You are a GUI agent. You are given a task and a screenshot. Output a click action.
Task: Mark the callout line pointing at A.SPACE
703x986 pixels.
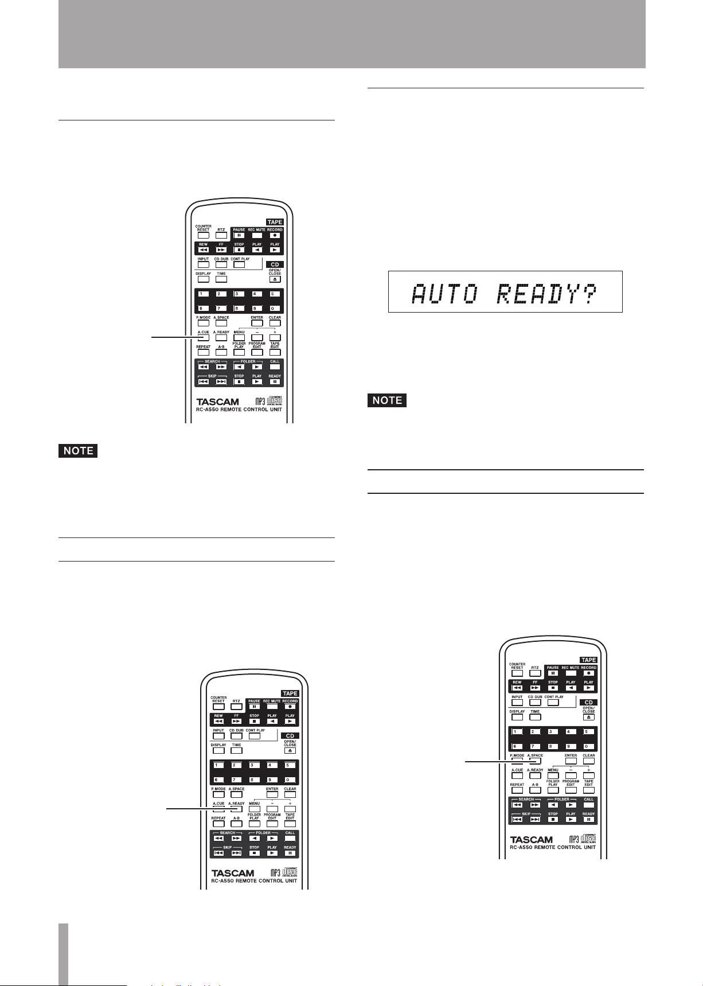pyautogui.click(x=487, y=761)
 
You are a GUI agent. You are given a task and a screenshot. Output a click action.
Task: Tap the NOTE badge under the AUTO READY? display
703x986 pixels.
pyautogui.click(x=387, y=400)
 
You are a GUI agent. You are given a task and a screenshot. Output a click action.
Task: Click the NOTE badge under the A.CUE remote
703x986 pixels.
pyautogui.click(x=79, y=451)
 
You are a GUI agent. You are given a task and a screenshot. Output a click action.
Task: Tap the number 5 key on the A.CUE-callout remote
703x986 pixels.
pyautogui.click(x=275, y=295)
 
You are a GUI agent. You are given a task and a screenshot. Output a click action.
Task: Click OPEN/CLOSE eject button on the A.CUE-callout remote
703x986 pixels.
pyautogui.click(x=275, y=279)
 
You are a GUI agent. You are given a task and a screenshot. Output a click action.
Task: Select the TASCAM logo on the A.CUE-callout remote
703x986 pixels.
pyautogui.click(x=218, y=402)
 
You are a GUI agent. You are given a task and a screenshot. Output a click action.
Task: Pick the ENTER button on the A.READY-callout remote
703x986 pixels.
pyautogui.click(x=272, y=795)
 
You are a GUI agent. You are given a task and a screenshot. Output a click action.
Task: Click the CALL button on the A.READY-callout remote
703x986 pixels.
pyautogui.click(x=290, y=839)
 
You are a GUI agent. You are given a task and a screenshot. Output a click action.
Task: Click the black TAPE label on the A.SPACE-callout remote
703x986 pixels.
pyautogui.click(x=589, y=660)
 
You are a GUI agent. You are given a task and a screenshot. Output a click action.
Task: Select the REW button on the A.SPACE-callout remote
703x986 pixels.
pyautogui.click(x=517, y=688)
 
